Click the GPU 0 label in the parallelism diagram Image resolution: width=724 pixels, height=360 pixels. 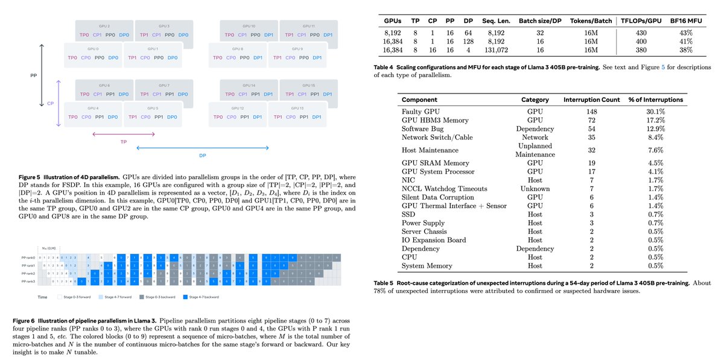[x=93, y=48]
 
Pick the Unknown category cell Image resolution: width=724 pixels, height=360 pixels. [x=535, y=188]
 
